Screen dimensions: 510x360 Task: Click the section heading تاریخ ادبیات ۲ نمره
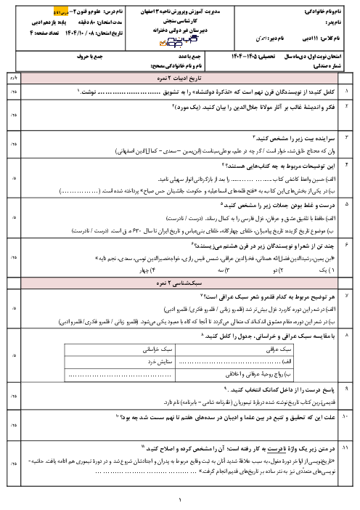click(x=181, y=76)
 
